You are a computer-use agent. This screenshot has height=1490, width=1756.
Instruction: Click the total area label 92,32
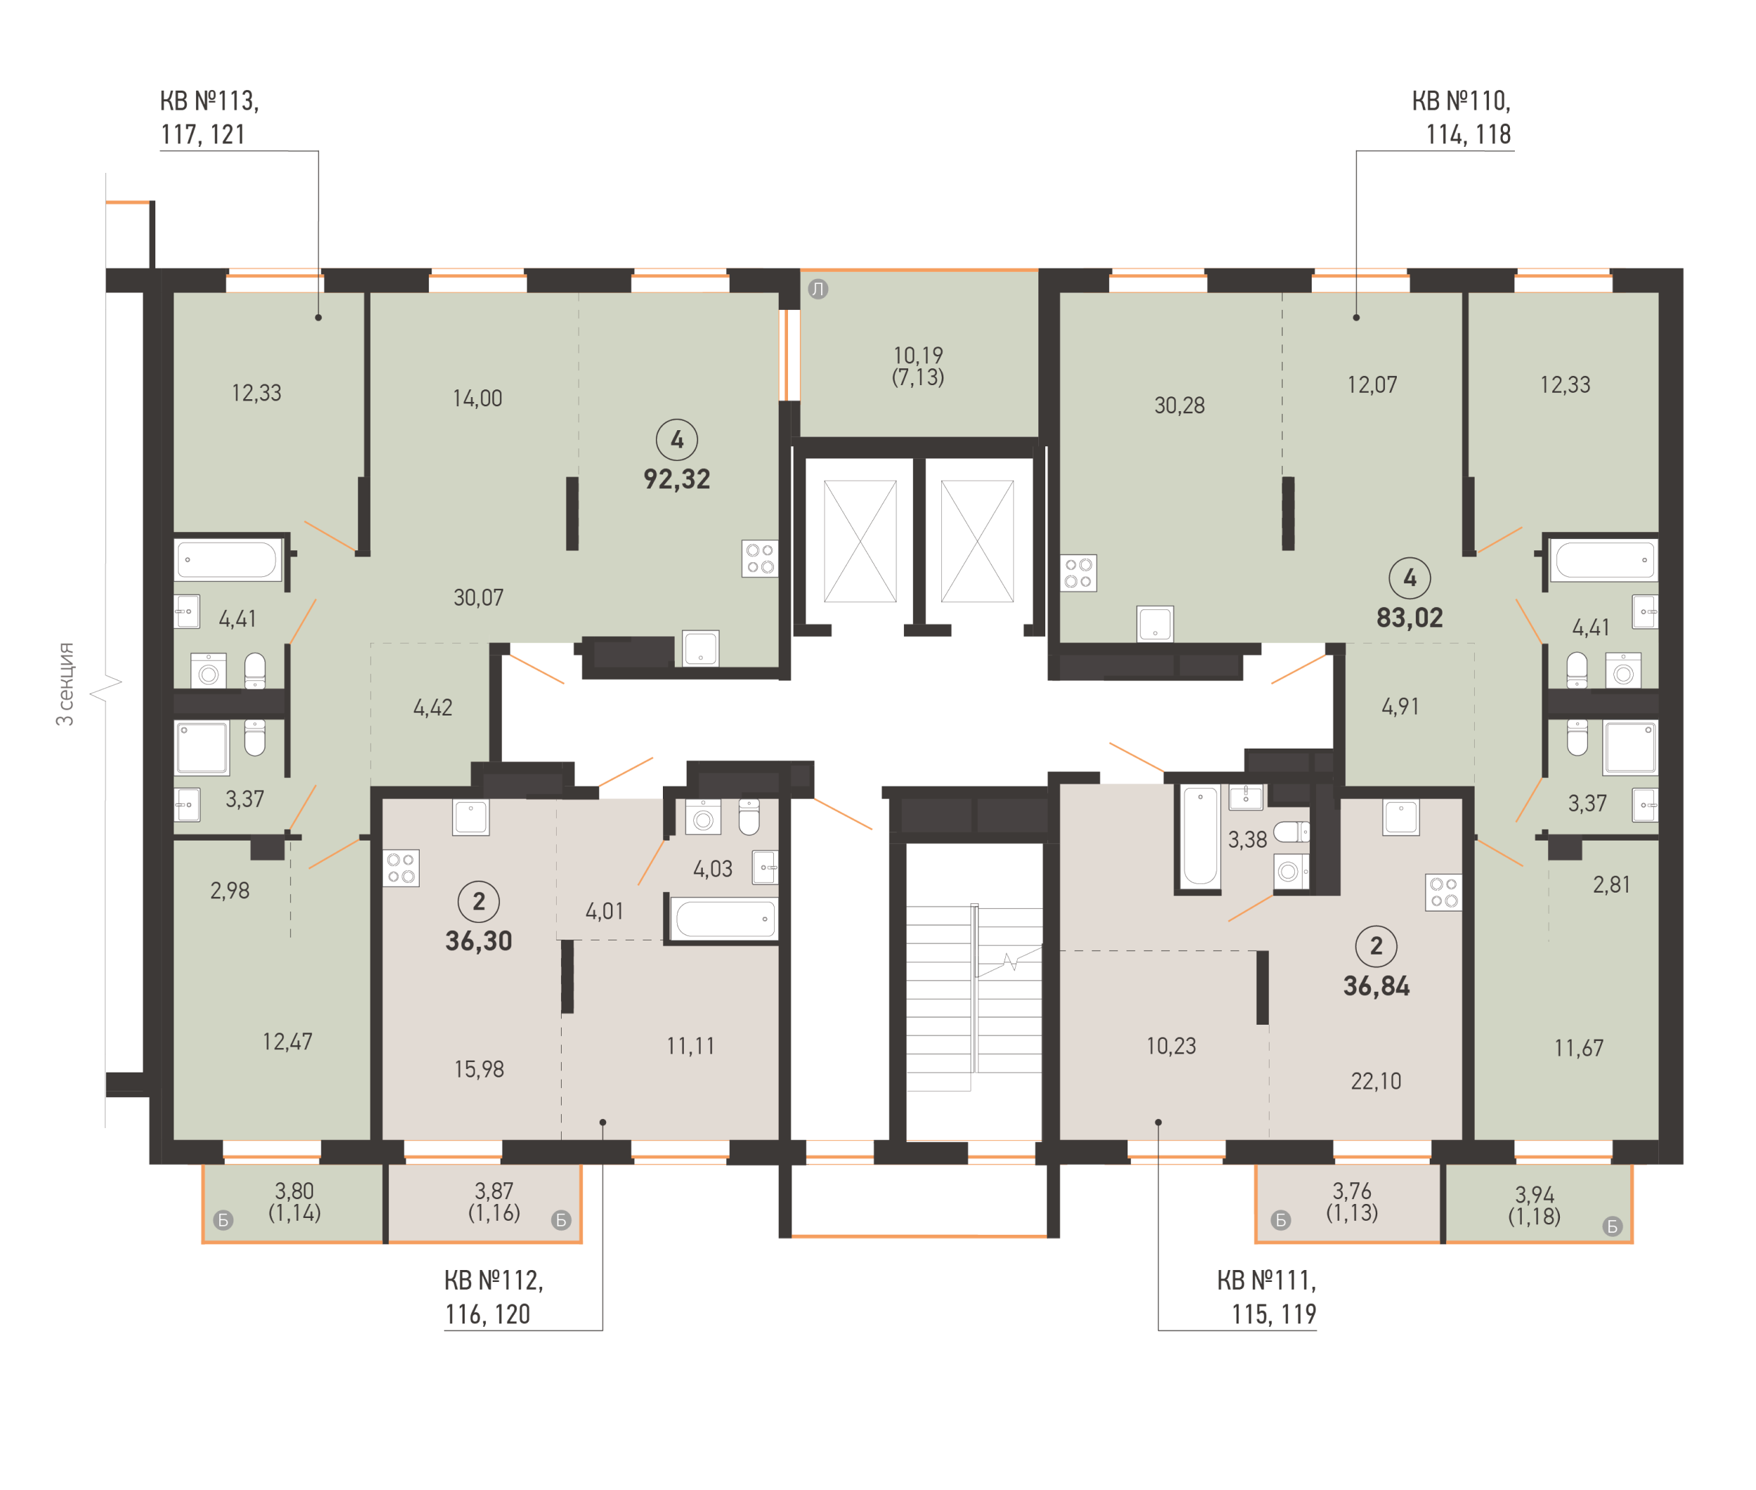coord(676,479)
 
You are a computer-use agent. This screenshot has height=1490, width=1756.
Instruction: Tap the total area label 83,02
coord(1409,618)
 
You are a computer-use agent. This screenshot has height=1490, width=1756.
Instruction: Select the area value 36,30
coord(479,941)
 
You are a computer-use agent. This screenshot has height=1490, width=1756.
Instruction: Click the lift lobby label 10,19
coord(918,355)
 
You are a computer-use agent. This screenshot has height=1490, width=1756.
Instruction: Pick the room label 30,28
coord(1179,406)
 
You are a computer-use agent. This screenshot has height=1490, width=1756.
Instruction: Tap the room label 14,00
coord(477,398)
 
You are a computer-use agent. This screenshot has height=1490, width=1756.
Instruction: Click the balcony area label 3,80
coord(294,1191)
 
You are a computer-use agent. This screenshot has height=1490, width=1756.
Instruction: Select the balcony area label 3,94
coord(1534,1194)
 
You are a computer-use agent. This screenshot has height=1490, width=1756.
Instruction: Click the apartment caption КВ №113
coord(209,101)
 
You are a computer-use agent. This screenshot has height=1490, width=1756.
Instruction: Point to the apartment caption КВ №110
coord(1461,101)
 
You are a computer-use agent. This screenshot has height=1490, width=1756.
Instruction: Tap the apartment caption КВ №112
coord(494,1281)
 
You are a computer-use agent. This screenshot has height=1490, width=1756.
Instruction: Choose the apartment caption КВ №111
coord(1266,1281)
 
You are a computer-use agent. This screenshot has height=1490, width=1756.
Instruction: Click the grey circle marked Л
coord(818,289)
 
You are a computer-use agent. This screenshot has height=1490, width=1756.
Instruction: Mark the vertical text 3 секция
coord(65,683)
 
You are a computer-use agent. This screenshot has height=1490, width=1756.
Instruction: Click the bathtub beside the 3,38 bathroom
coord(1199,836)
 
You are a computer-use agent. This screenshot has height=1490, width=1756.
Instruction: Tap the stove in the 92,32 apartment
coord(759,558)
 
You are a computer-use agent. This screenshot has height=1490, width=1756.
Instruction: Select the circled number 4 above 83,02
coord(1409,578)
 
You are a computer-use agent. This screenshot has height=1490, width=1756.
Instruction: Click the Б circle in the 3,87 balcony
coord(561,1219)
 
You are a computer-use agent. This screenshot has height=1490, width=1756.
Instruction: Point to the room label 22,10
coord(1376,1081)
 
